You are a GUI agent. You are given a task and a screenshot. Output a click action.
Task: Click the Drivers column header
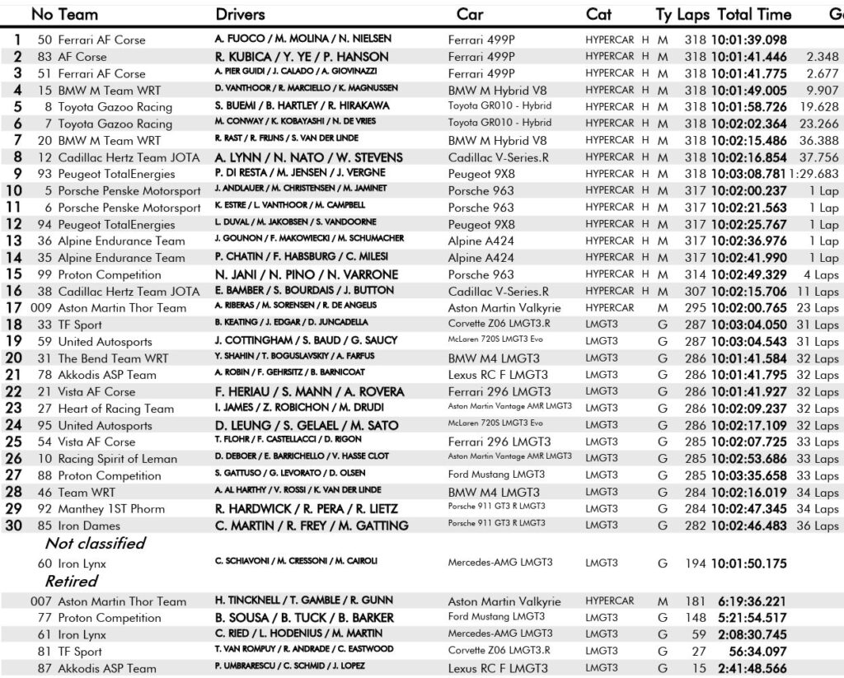tap(240, 14)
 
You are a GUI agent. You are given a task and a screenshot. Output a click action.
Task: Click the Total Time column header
tap(754, 14)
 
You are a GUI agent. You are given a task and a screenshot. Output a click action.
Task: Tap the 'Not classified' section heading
tap(95, 543)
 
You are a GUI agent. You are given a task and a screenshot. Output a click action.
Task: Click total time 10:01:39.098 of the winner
tap(748, 40)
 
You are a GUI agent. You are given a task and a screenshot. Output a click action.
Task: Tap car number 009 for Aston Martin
tap(42, 308)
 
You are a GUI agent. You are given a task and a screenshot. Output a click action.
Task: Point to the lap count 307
tap(695, 292)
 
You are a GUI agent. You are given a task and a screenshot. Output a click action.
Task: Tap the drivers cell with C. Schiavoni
tap(296, 561)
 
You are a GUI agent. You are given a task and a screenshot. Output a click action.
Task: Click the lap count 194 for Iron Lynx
tap(695, 564)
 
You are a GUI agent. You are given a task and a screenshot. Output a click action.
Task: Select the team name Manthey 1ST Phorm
tap(111, 509)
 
